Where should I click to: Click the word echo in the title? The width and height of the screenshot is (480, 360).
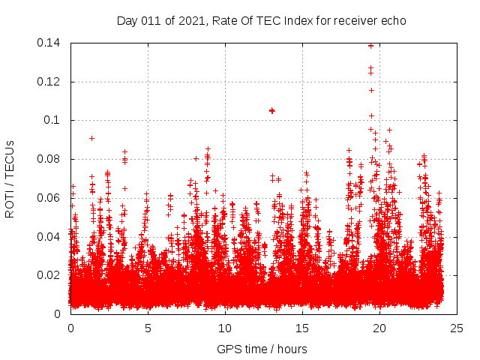pos(392,20)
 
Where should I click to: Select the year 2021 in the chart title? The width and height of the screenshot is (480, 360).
pos(190,20)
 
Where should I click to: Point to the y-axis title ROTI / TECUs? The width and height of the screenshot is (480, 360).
pos(10,178)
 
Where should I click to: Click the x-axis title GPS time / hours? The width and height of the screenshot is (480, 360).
pos(262,349)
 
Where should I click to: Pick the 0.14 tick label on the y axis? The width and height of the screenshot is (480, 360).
pos(49,43)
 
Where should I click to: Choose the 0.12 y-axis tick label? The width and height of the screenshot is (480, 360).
pos(49,81)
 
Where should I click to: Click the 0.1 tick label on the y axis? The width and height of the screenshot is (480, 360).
pos(54,120)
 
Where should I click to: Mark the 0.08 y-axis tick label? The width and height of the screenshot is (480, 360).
pos(49,159)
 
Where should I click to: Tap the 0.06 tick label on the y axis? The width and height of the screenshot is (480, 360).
pos(49,197)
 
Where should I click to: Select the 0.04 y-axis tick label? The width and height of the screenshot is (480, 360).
pos(49,236)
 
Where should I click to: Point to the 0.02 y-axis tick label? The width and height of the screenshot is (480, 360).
pos(49,274)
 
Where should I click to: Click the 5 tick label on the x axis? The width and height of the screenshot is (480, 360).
pos(148,328)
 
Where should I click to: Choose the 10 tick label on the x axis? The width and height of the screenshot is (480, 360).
pos(225,328)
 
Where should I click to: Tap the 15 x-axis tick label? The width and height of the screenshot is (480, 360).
pos(302,328)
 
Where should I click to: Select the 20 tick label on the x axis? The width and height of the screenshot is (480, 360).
pos(379,328)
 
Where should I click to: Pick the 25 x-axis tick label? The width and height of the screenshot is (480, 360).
pos(457,328)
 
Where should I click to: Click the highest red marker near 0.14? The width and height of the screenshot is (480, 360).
pos(370,45)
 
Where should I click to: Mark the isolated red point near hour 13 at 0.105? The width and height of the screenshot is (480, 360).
pos(272,110)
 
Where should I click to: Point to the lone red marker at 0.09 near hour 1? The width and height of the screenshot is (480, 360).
pos(91,138)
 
